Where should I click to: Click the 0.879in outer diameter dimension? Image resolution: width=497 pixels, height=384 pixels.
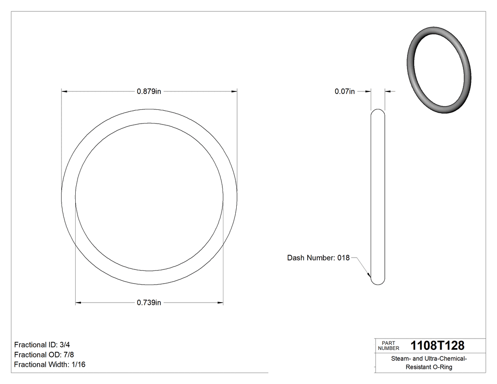[149, 91]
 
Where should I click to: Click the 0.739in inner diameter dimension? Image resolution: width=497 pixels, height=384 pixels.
[149, 303]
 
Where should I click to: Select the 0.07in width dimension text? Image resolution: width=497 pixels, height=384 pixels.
[344, 91]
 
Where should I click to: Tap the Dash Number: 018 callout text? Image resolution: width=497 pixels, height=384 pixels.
[318, 258]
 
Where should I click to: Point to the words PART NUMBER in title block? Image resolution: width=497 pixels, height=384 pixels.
[388, 346]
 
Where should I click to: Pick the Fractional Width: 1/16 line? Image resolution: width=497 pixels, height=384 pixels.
[50, 364]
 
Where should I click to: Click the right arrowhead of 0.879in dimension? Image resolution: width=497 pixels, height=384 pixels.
[234, 91]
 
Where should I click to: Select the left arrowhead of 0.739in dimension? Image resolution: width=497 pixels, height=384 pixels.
[79, 303]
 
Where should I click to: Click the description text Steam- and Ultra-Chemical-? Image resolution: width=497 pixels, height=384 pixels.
[429, 359]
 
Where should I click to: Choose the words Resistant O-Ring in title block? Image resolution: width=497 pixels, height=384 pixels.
[429, 367]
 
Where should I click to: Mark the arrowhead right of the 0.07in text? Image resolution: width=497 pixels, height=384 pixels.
[367, 91]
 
